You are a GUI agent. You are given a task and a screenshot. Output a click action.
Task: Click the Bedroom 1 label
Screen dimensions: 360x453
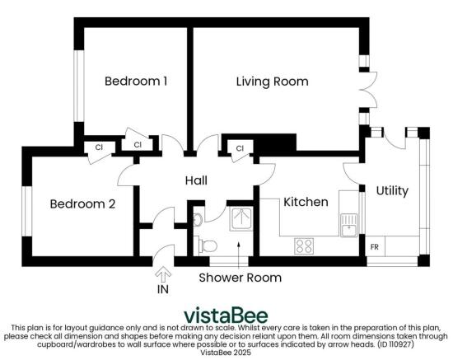click(136, 82)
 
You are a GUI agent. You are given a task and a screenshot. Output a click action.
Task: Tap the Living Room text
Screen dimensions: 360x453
click(272, 82)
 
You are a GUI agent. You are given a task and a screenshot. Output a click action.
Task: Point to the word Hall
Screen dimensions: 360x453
click(196, 180)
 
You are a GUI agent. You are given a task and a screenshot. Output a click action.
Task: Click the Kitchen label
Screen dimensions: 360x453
click(306, 202)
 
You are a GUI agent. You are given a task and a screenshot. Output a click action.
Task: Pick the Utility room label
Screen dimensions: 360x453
click(392, 190)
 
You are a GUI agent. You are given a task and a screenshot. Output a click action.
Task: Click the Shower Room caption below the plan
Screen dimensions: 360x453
click(240, 278)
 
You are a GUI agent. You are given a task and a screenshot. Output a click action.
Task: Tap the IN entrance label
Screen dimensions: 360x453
click(162, 291)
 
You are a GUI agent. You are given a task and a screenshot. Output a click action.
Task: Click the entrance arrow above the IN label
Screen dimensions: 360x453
click(162, 273)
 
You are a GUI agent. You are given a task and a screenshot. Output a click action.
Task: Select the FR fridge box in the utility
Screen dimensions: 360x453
click(374, 246)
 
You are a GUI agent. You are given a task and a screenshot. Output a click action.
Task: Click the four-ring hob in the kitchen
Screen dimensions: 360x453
click(304, 245)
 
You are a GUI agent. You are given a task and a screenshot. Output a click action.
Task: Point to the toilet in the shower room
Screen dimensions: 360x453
click(209, 244)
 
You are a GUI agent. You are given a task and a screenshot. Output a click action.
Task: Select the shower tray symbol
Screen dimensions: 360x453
click(241, 217)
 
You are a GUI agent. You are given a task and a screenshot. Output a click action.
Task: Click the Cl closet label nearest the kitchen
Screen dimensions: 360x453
click(241, 148)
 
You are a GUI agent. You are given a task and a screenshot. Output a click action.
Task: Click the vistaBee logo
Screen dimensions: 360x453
click(226, 316)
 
